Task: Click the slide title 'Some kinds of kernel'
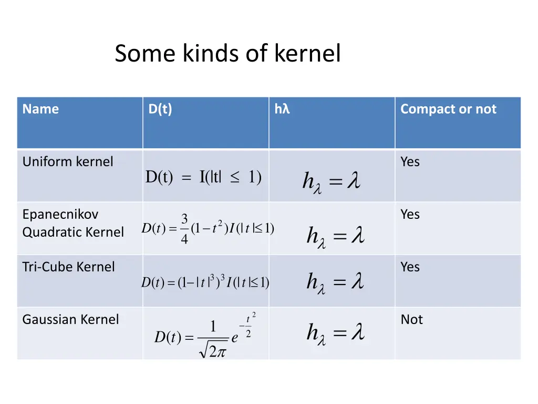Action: (227, 54)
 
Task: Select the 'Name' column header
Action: (40, 109)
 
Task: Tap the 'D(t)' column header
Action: (160, 109)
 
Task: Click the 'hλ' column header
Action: (282, 109)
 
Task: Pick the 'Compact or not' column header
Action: (448, 109)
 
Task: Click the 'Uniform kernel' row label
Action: (67, 161)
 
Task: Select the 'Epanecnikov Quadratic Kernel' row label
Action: (73, 223)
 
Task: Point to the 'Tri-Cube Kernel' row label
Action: (68, 267)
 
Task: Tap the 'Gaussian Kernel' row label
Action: (70, 319)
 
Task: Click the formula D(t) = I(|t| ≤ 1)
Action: (203, 178)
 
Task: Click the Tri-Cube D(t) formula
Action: (205, 282)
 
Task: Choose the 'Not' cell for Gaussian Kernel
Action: (411, 319)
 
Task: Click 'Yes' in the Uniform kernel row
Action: (410, 161)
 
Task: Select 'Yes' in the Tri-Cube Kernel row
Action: (410, 267)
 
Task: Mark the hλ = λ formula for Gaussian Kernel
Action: (335, 333)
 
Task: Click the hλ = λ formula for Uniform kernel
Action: (331, 182)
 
